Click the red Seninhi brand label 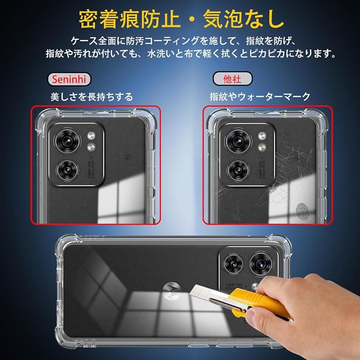pyautogui.click(x=69, y=80)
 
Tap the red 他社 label pyautogui.click(x=232, y=79)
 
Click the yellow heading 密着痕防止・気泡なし pyautogui.click(x=181, y=19)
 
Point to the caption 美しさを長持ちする pyautogui.click(x=92, y=97)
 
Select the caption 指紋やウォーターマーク pyautogui.click(x=260, y=96)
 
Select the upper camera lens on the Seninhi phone pyautogui.click(x=67, y=141)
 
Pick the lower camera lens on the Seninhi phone pyautogui.click(x=67, y=171)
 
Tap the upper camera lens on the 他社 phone pyautogui.click(x=238, y=141)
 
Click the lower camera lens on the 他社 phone pyautogui.click(x=238, y=171)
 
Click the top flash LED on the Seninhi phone pyautogui.click(x=91, y=135)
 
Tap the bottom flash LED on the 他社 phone pyautogui.click(x=262, y=147)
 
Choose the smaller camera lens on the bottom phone pyautogui.click(x=233, y=265)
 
